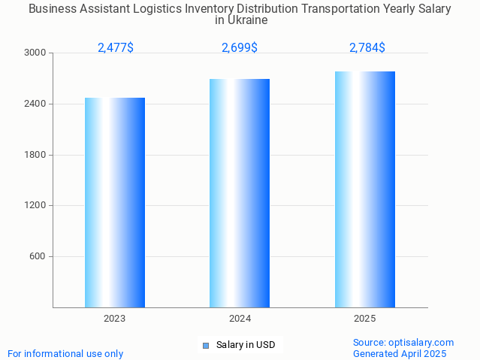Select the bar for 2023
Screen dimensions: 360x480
[x=115, y=202]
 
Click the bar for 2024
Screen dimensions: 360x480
[x=240, y=193]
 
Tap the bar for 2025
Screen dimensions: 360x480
[x=365, y=189]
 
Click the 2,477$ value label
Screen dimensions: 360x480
[x=116, y=48]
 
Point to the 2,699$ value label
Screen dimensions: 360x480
[x=240, y=48]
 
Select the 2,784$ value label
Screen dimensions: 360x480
[x=367, y=48]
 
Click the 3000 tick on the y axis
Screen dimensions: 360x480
[x=36, y=53]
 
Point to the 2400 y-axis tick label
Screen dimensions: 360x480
[x=36, y=104]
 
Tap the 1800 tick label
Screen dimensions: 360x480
[x=36, y=155]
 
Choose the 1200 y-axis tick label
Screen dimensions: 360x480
[x=36, y=206]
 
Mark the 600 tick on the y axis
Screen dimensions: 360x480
[x=38, y=256]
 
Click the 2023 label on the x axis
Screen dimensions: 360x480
[x=115, y=319]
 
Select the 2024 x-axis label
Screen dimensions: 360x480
[x=240, y=319]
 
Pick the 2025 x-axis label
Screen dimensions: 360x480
[x=365, y=319]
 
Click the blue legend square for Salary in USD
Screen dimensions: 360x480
[x=205, y=346]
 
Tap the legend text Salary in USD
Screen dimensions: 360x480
[x=246, y=346]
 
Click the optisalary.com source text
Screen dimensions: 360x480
[x=403, y=343]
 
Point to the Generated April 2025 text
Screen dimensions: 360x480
[x=400, y=354]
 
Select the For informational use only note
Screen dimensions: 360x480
[x=65, y=354]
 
